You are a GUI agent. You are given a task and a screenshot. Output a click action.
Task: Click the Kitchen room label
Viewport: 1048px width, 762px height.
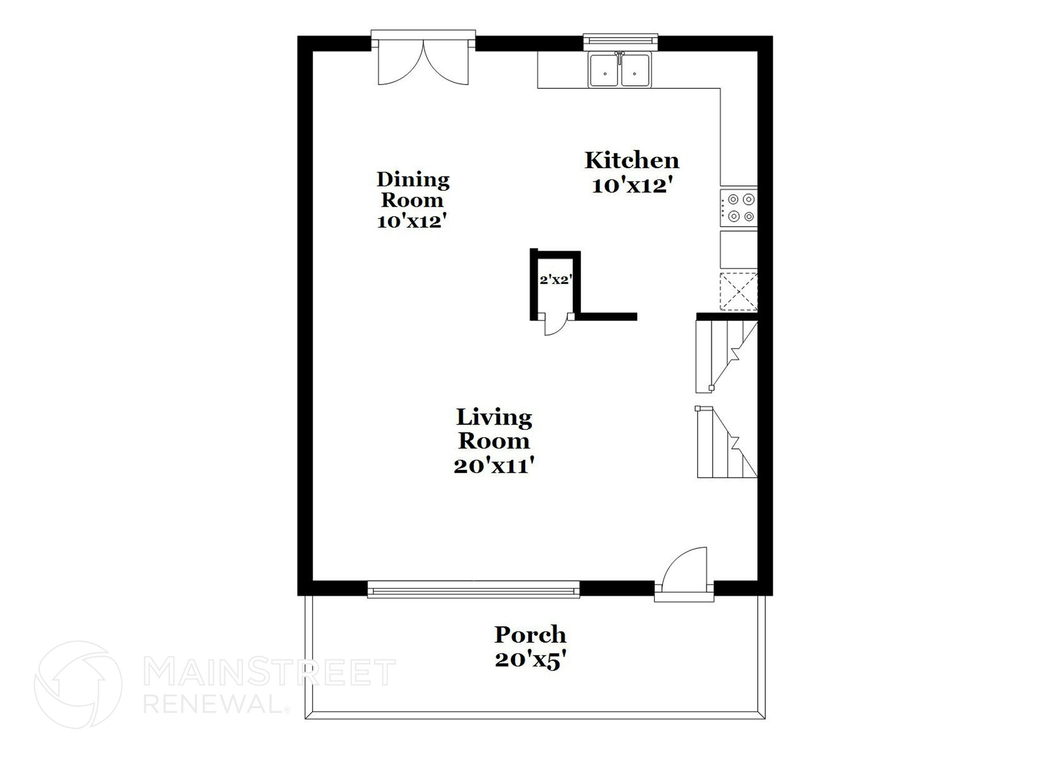point(631,161)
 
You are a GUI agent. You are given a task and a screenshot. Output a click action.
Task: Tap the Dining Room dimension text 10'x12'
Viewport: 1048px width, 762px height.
point(412,222)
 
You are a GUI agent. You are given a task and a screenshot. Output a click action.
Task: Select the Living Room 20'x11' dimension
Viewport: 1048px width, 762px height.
point(494,466)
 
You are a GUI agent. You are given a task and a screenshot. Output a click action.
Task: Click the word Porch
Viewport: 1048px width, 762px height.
point(530,635)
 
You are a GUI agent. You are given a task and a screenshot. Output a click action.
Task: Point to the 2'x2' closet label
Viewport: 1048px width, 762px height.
point(555,280)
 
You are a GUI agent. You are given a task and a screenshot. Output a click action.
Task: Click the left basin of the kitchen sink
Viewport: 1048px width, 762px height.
point(605,71)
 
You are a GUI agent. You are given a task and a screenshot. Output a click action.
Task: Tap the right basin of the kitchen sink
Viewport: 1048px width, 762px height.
point(635,71)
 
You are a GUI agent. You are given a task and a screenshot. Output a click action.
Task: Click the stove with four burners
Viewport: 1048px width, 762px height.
point(738,208)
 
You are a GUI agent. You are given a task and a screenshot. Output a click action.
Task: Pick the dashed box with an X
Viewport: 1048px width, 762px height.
point(738,292)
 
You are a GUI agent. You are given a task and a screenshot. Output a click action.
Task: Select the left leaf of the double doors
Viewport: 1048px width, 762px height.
point(398,67)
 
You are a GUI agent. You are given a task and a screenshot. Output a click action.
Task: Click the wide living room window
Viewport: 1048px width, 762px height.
point(473,590)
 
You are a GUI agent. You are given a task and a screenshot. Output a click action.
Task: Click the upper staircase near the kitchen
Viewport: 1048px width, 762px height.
point(724,355)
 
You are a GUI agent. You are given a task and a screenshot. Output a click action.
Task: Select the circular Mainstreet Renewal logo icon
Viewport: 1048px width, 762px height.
point(78,685)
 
